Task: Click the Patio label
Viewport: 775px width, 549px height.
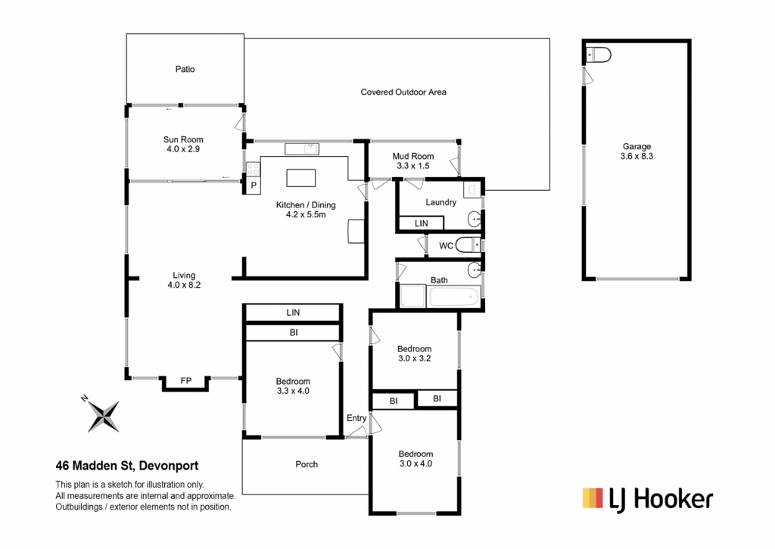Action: (x=185, y=69)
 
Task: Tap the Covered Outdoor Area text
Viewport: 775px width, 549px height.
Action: (x=403, y=92)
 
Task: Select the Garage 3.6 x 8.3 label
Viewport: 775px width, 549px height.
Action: (x=636, y=151)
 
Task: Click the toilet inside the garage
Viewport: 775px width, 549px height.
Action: (x=598, y=55)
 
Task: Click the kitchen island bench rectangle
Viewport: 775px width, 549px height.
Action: (x=301, y=177)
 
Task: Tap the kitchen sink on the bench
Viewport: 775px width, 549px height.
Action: (x=301, y=149)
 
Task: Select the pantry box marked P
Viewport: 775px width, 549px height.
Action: (x=253, y=186)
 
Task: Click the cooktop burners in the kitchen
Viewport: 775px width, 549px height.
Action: (x=253, y=169)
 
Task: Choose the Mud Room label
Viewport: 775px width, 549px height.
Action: (x=412, y=161)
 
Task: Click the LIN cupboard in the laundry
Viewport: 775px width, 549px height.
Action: (x=421, y=223)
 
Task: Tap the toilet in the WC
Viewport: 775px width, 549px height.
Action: (x=468, y=245)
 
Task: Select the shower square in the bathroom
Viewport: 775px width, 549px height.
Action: (x=412, y=296)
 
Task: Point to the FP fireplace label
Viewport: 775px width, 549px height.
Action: (x=186, y=381)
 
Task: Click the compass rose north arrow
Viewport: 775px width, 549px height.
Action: (x=103, y=416)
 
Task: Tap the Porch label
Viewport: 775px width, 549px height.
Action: (x=307, y=464)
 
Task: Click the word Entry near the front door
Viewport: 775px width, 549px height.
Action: (x=356, y=419)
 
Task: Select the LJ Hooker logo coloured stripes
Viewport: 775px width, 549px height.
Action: (x=593, y=498)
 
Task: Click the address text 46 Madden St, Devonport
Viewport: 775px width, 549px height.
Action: (x=127, y=466)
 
